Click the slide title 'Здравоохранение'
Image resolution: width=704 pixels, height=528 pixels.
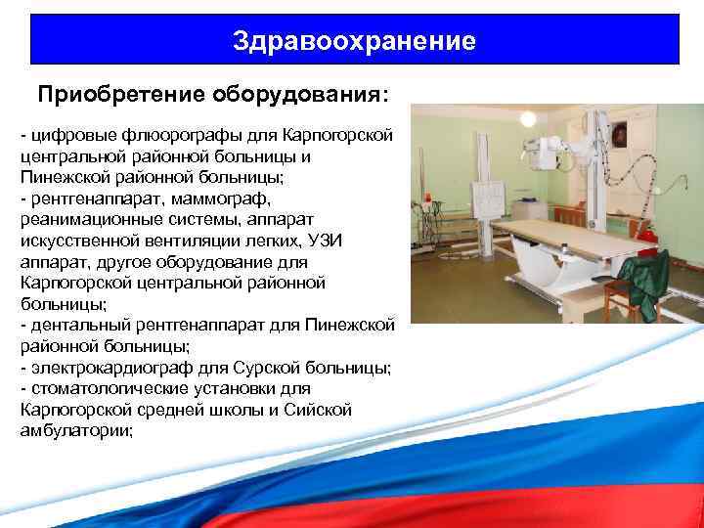point(355,41)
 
